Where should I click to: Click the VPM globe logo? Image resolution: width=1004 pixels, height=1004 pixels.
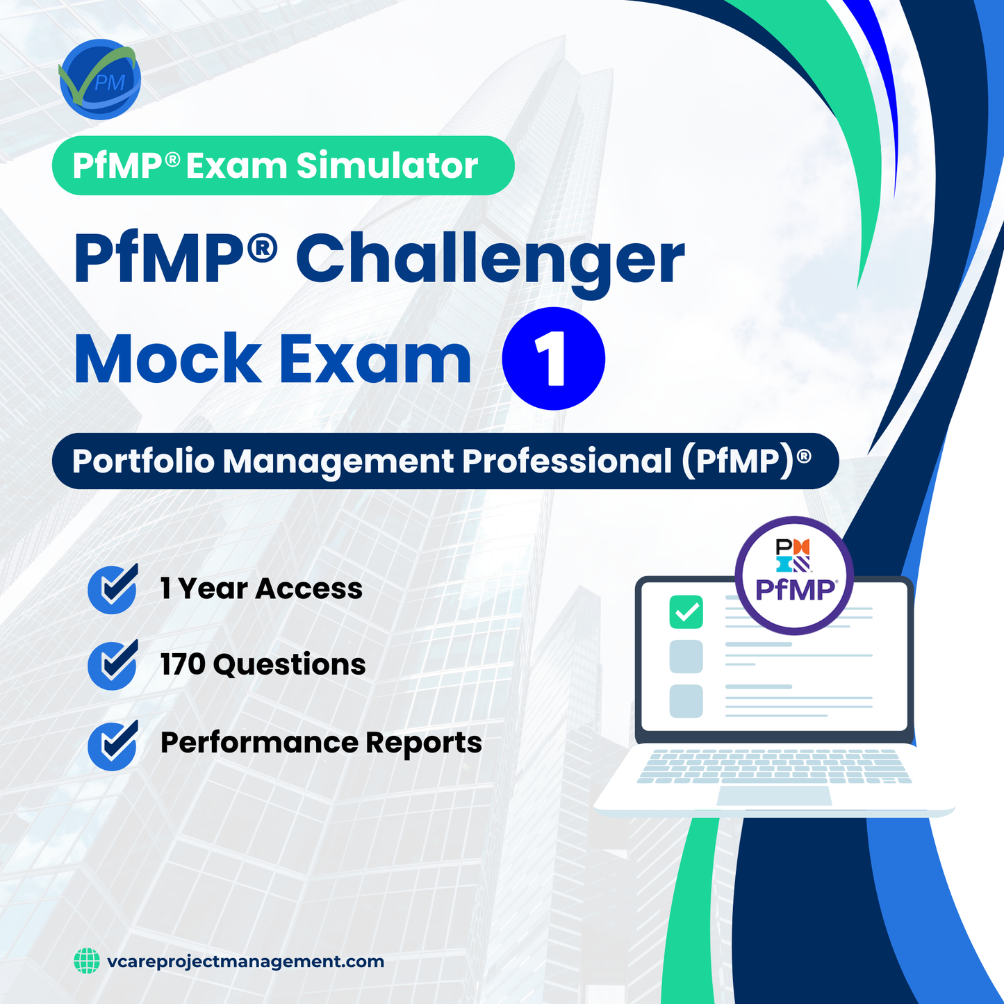pos(100,80)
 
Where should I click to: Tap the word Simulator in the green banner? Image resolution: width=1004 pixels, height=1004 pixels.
pos(387,166)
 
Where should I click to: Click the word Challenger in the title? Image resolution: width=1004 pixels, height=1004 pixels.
pos(490,258)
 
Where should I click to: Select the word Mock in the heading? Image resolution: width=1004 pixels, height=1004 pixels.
pos(167,359)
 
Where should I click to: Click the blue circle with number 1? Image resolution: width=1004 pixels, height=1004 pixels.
pos(553,359)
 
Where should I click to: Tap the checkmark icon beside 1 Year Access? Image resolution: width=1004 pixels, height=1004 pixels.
pos(113,589)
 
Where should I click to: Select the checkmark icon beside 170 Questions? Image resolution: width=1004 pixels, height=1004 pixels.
pos(113,665)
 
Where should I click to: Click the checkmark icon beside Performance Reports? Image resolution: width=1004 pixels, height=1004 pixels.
pos(113,745)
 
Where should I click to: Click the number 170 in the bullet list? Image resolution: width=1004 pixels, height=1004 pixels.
pos(183,665)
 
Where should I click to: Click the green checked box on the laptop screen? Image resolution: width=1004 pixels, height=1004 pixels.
pos(686,612)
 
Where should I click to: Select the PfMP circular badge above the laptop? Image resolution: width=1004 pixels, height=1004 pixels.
pos(794,575)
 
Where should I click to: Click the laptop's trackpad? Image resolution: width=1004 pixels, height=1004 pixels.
pos(774,796)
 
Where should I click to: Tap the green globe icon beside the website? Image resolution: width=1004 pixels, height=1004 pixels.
pos(87,962)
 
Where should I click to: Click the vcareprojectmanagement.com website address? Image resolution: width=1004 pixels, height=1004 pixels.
pos(245,962)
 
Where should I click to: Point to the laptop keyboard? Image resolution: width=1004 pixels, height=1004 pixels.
pos(774,766)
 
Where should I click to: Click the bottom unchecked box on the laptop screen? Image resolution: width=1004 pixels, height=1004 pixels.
pos(686,701)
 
